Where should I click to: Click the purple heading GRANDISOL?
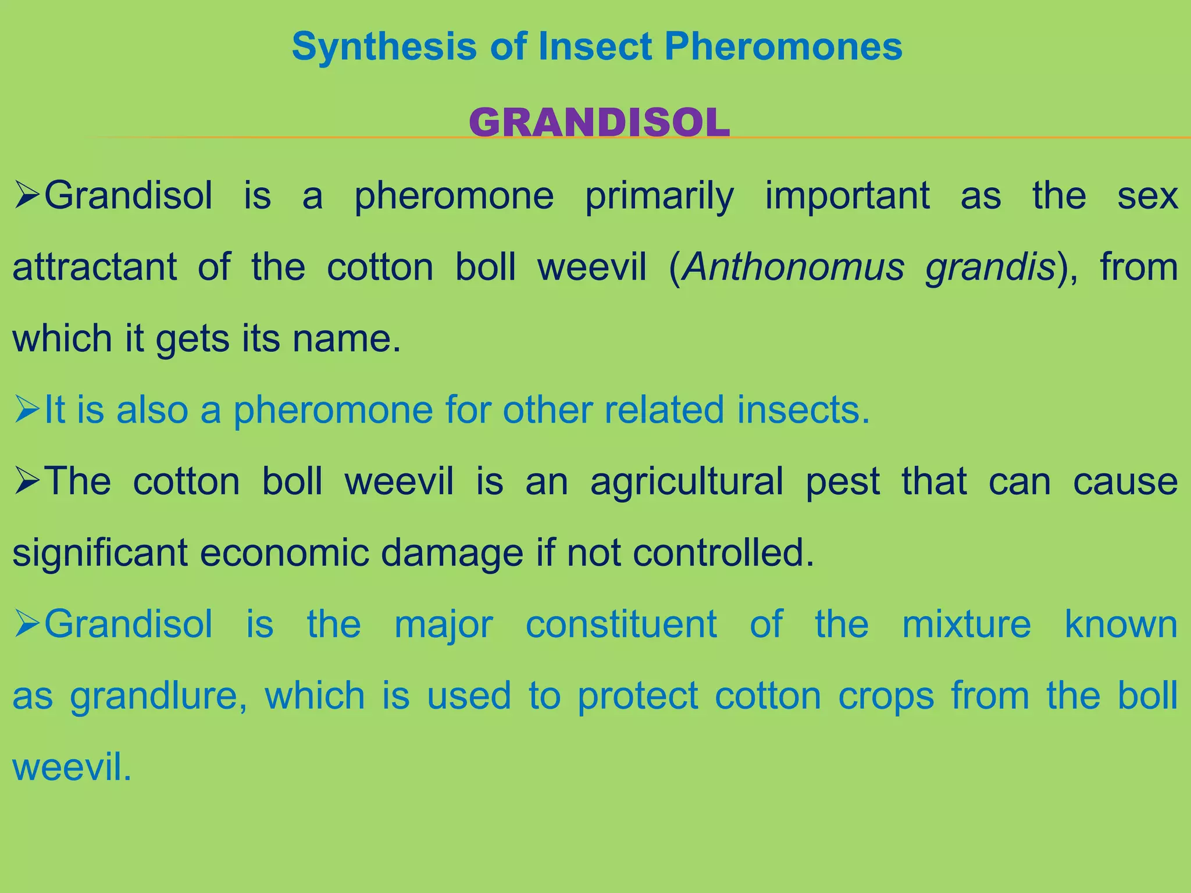tap(599, 123)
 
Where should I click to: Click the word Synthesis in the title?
tap(384, 47)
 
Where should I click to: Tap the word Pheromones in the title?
tap(783, 47)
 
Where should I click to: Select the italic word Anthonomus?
tap(793, 267)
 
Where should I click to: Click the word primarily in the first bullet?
tap(659, 197)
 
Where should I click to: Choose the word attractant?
tap(95, 267)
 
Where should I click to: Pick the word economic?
tap(284, 552)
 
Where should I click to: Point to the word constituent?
tap(621, 624)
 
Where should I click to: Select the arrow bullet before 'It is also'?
tap(27, 410)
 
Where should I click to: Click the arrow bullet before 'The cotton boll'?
tap(27, 482)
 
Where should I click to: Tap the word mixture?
tap(966, 624)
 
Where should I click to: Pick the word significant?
tap(100, 552)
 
